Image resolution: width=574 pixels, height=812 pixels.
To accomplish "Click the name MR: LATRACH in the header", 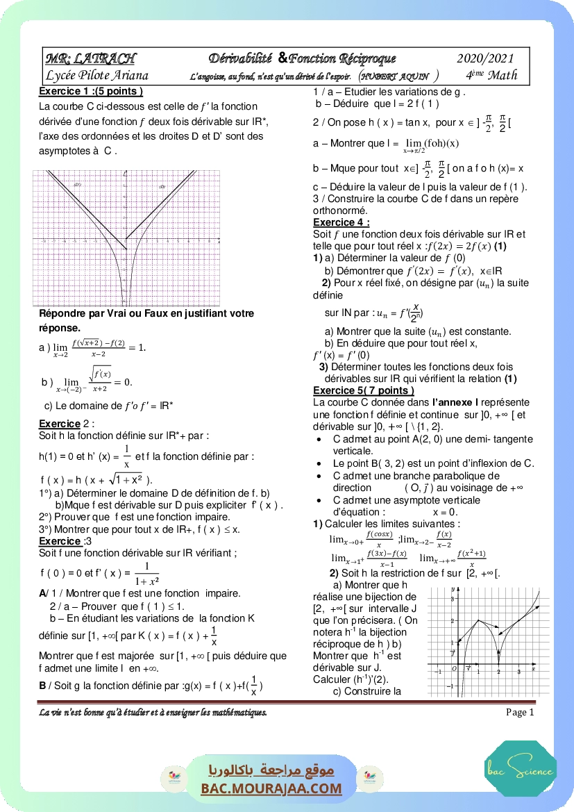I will coord(91,58).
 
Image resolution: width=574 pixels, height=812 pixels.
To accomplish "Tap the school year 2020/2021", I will coord(486,58).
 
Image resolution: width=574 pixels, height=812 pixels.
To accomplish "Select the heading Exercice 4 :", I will coord(341,222).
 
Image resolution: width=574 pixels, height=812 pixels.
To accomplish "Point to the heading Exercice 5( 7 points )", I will coord(364,391).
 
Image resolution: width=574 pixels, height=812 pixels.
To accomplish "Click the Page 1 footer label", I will coord(520,712).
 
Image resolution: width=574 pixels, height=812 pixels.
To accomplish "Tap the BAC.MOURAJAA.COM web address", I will coord(271,788).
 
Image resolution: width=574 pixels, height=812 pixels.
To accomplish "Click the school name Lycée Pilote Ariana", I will coord(96,75).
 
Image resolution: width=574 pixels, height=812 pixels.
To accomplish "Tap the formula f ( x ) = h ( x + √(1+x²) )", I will coord(97,479).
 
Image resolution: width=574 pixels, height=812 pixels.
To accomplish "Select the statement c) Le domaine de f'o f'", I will coord(109,406).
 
